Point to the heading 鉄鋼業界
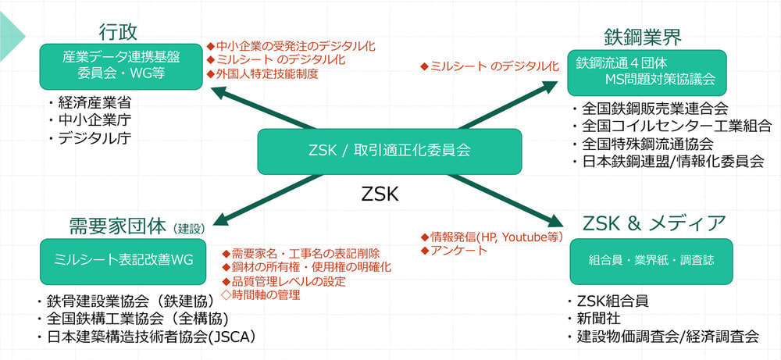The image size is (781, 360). point(643,37)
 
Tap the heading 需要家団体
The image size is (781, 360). point(117,226)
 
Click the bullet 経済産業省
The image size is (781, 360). point(93,102)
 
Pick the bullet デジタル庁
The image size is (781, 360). point(93,138)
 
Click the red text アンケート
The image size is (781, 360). point(458,250)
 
